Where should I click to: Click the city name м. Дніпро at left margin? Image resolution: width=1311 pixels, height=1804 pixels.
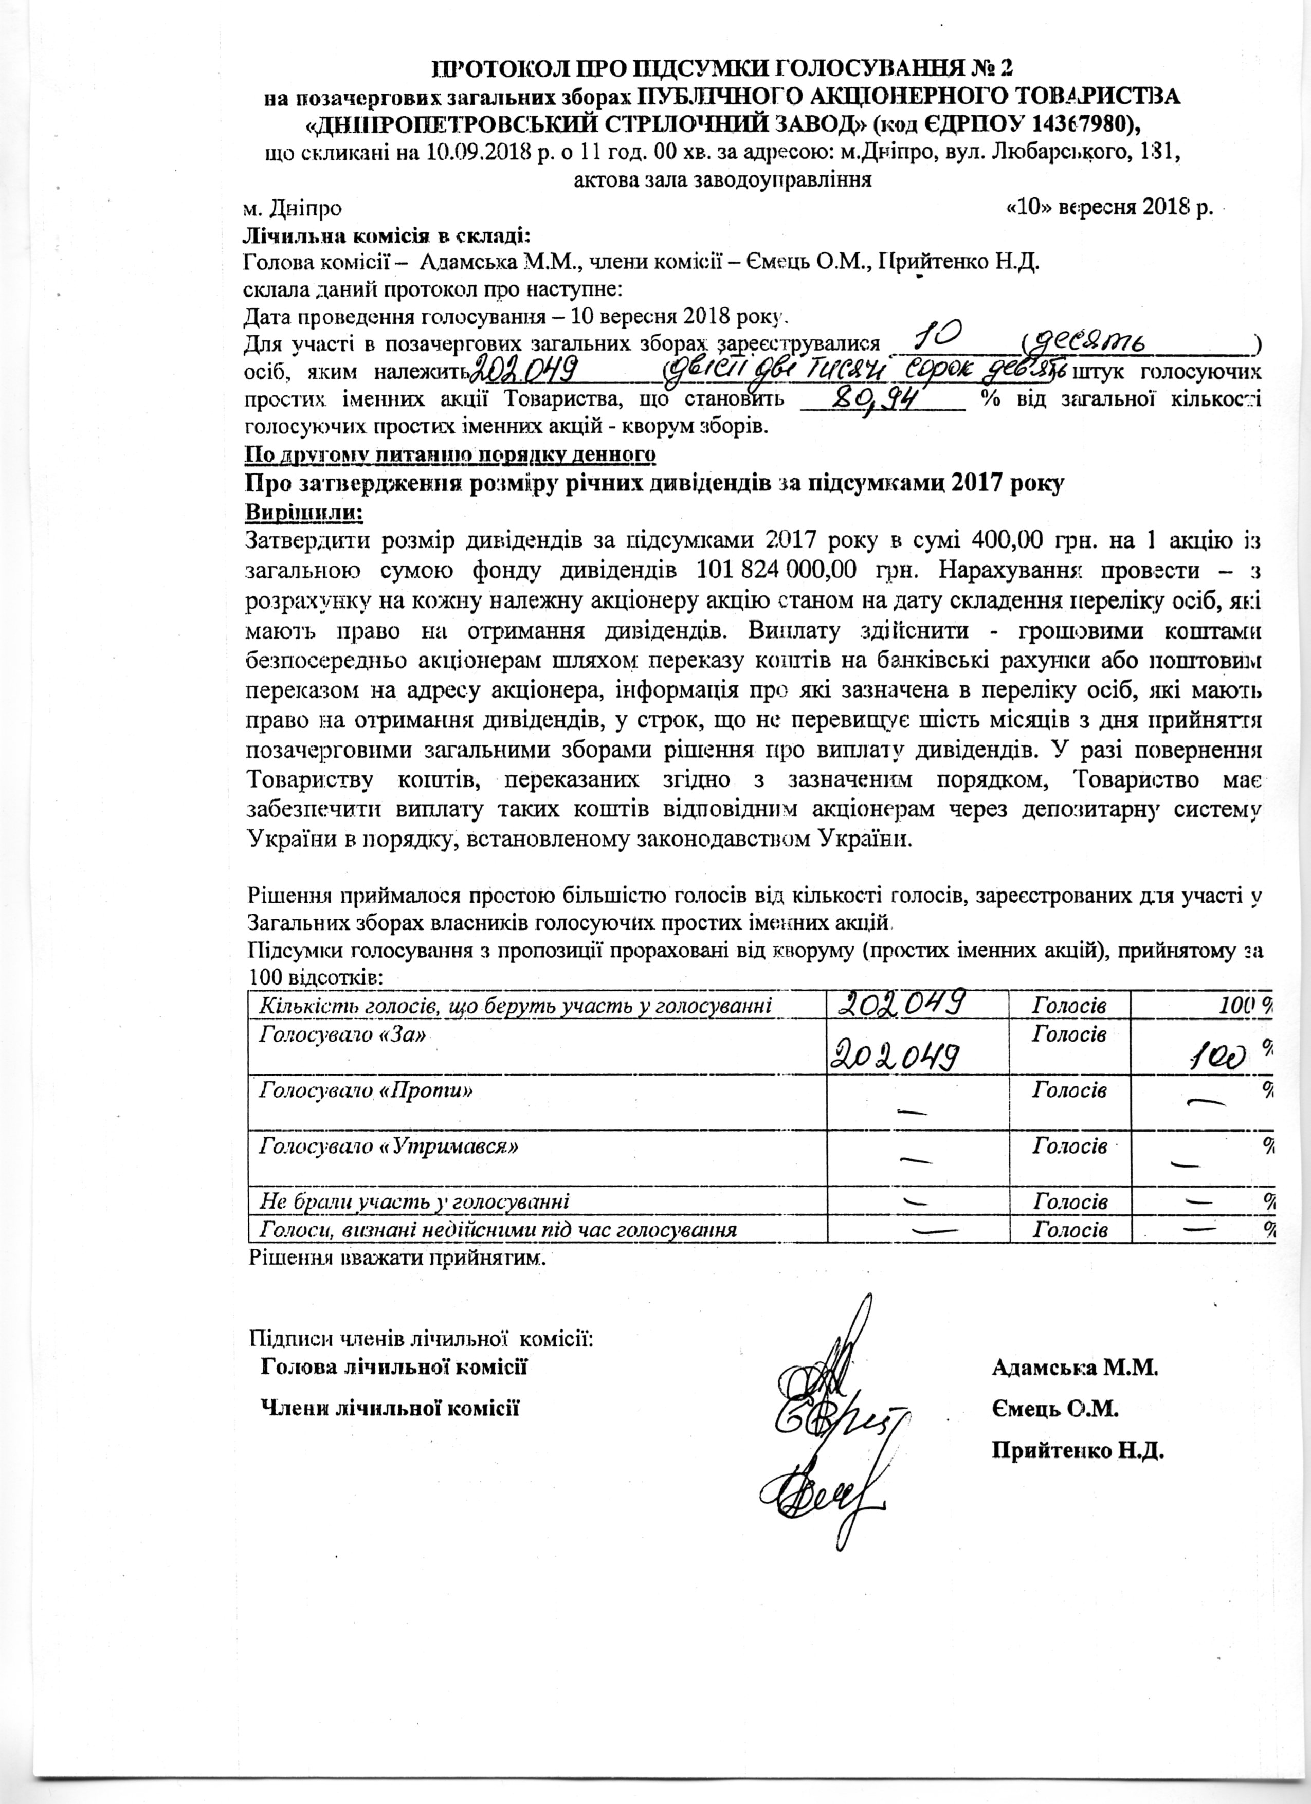(292, 208)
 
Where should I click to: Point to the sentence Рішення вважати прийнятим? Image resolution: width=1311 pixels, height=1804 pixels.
(398, 1259)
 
